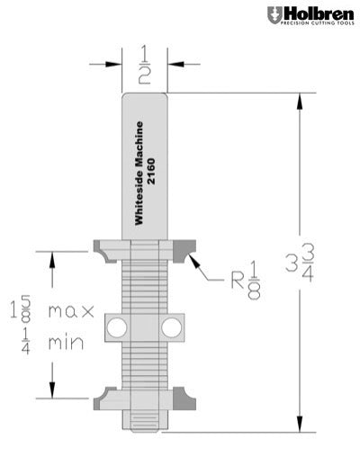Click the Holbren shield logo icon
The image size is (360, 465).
[x=274, y=14]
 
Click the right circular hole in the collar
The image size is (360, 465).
[x=172, y=327]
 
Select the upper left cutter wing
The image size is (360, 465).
[x=104, y=248]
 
